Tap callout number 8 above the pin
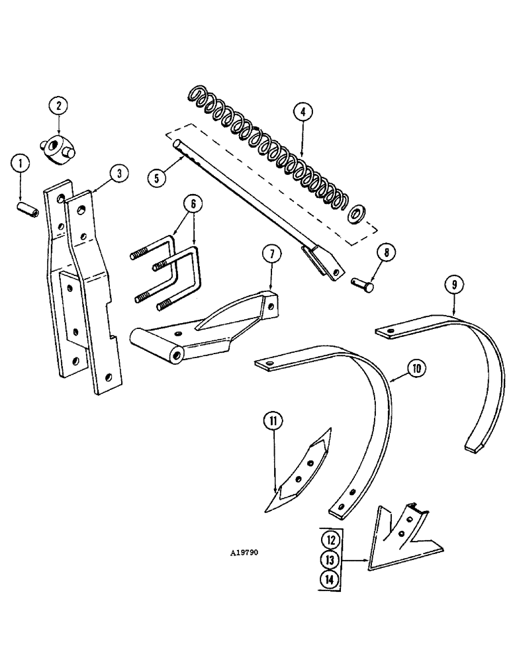384,252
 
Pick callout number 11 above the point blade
273,420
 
